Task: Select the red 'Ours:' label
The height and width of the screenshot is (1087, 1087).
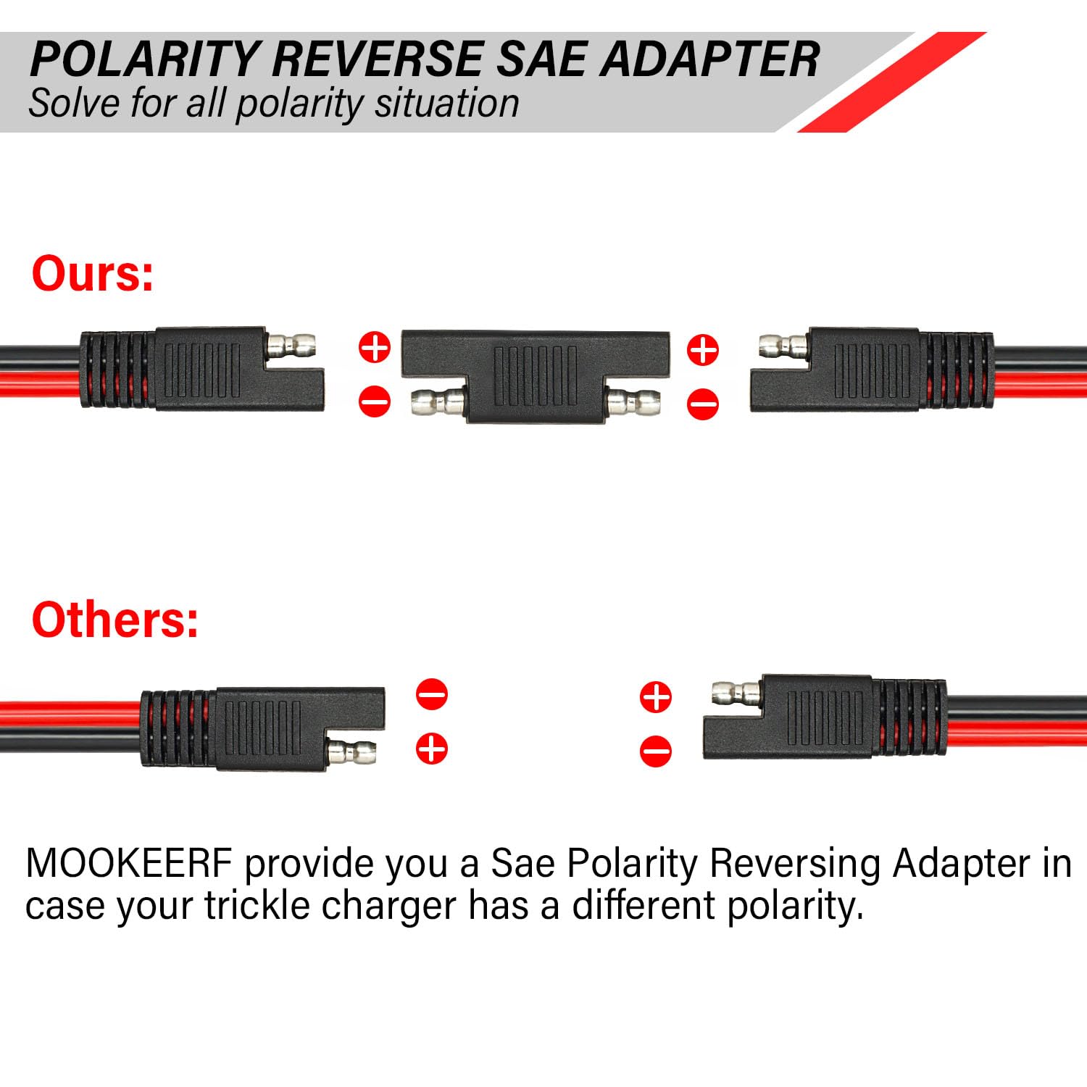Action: pos(93,274)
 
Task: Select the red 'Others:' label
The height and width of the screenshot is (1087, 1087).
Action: pos(114,620)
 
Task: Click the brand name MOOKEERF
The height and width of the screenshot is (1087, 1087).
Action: pos(129,863)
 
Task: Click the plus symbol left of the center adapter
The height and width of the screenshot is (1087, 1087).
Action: pos(375,347)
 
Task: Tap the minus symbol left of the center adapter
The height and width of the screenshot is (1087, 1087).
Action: pos(375,401)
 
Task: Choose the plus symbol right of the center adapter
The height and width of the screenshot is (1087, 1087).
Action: pos(702,349)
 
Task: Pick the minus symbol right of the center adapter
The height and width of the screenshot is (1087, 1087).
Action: pos(702,404)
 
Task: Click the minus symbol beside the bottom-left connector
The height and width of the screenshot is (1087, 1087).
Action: pos(432,694)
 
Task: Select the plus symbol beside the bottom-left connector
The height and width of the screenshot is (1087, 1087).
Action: pos(432,748)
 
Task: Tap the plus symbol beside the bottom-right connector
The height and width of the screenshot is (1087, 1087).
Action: pos(656,696)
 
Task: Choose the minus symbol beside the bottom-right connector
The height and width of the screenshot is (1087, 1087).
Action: pos(656,751)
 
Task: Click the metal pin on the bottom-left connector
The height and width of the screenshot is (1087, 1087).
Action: pos(352,753)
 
